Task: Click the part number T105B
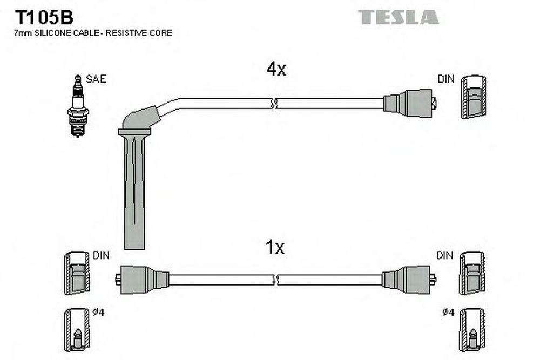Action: coord(44,17)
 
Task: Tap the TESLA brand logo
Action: coord(398,17)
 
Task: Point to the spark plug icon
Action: coord(78,106)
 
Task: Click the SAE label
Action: coord(96,79)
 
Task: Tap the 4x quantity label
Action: coord(276,69)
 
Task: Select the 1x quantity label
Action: coord(275,247)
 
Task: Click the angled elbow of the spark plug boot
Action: coord(139,120)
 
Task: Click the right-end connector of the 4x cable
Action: coord(410,103)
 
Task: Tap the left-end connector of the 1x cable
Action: coord(142,280)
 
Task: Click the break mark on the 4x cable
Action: coord(275,103)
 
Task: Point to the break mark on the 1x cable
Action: coord(275,280)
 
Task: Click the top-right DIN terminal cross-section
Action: coord(474,97)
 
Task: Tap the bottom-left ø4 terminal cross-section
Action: coord(77,330)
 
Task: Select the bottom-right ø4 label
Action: coord(448,312)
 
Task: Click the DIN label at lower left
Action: coord(102,255)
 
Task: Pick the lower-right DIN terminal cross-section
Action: coord(472,273)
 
